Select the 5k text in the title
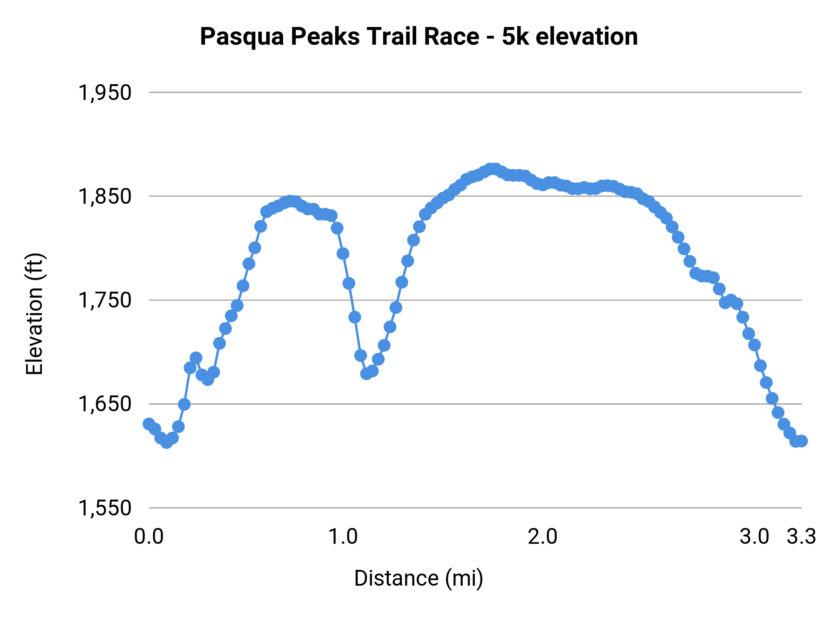515,37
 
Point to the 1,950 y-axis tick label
105,93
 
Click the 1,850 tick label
105,196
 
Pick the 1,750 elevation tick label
105,300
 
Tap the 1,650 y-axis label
105,404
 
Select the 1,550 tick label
105,508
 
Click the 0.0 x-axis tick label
149,537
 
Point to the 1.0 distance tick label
343,537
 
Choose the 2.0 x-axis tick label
542,537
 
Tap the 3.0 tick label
754,537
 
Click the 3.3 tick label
801,537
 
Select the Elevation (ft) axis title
34,314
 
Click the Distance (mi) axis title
419,578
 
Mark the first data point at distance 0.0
149,424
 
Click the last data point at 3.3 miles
801,441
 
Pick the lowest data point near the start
167,443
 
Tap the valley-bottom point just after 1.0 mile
366,374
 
